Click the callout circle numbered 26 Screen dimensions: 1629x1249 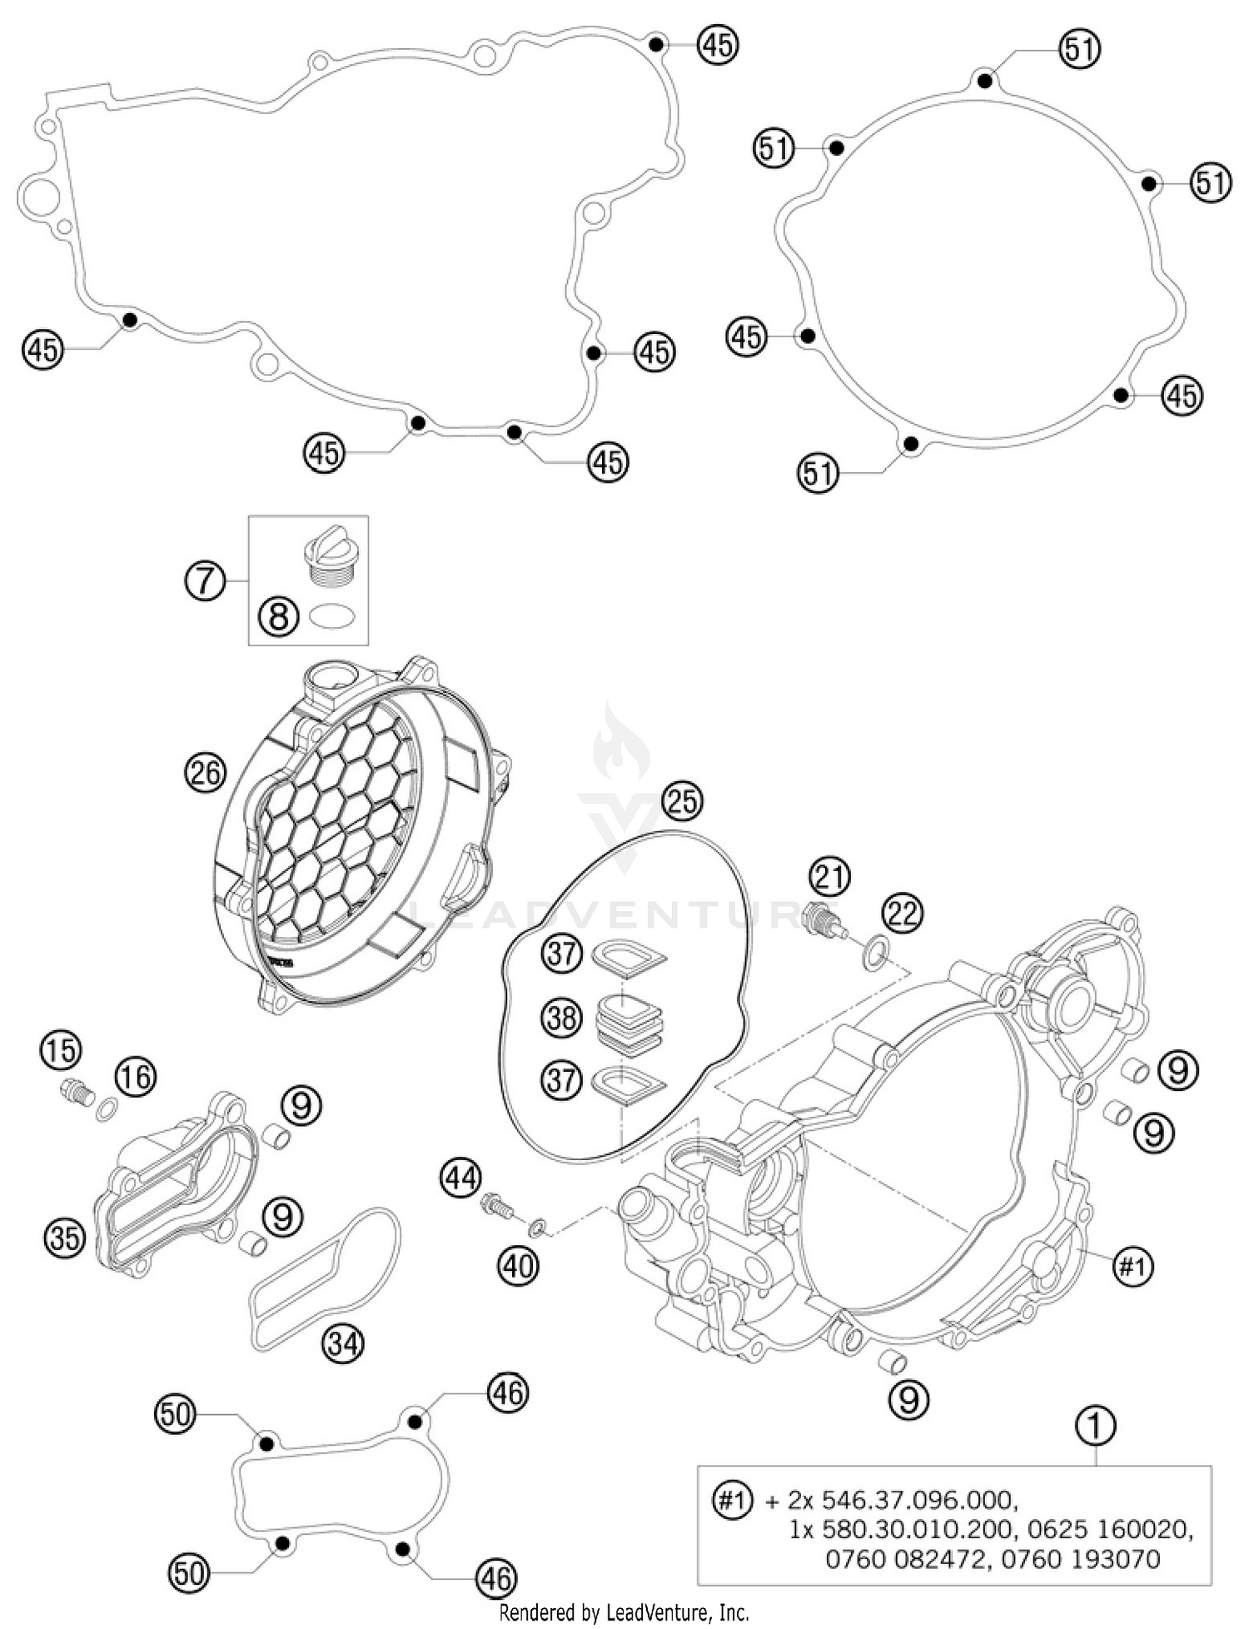(x=205, y=774)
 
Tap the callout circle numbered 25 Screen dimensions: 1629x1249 (x=682, y=801)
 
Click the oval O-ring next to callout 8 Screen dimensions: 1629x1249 (x=332, y=618)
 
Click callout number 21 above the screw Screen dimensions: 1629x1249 (x=829, y=876)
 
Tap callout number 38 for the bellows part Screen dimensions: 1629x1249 (x=561, y=1018)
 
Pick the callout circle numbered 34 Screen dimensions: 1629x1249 (x=344, y=1343)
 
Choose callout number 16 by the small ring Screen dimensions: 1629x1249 (x=135, y=1077)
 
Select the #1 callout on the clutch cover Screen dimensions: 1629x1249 (x=1133, y=1267)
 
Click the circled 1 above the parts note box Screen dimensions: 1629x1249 (x=1097, y=1426)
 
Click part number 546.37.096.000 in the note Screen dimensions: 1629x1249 (x=918, y=1500)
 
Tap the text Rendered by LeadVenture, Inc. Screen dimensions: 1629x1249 (x=624, y=1613)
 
